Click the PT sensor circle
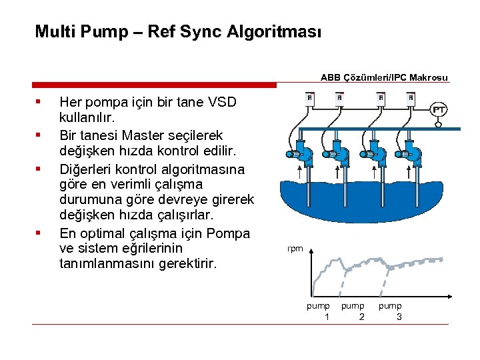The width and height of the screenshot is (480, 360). point(439,109)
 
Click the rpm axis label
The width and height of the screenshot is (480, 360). point(295,249)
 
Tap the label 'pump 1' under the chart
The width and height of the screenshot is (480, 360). point(319,311)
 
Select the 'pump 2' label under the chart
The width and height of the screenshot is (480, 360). point(354,311)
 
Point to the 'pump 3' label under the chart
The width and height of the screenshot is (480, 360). point(391,311)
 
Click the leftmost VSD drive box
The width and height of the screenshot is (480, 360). point(309,99)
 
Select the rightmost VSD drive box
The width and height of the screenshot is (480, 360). point(411,99)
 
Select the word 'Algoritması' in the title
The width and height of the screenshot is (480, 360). point(275,31)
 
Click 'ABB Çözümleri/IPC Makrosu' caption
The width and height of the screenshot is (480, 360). point(385,77)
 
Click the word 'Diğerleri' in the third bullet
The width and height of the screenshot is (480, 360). point(85,168)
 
